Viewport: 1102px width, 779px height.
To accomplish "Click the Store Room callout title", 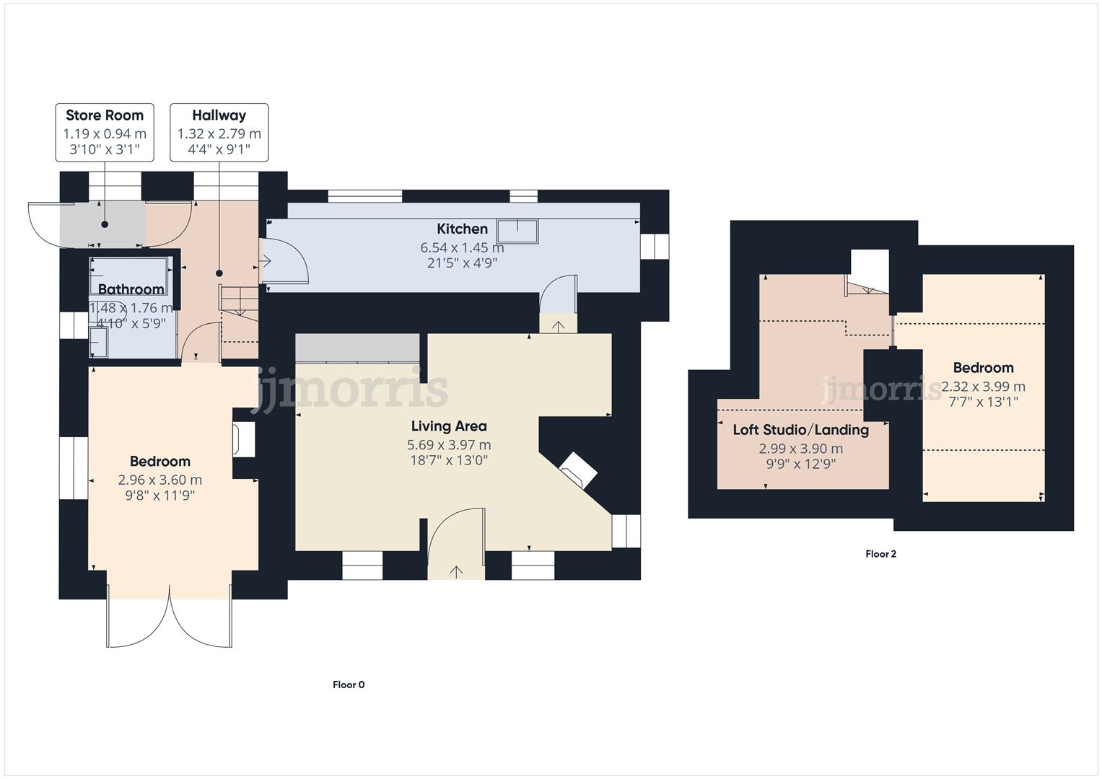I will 105,115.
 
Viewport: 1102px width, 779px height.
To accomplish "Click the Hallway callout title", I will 219,115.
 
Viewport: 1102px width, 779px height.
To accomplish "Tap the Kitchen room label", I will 462,229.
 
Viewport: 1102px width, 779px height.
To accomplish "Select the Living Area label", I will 449,426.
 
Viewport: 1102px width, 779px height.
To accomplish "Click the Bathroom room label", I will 131,289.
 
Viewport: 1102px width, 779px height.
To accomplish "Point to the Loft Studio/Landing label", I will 800,430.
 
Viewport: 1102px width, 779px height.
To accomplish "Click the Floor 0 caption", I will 349,685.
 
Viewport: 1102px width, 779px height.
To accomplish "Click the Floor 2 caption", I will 880,554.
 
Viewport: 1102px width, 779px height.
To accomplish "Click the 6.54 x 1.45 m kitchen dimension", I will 462,247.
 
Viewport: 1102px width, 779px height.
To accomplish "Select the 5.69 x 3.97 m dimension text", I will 449,445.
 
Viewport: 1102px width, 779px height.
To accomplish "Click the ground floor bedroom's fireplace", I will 242,439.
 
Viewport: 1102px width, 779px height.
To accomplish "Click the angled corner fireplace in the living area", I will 579,470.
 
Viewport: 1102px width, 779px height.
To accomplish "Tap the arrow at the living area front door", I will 456,571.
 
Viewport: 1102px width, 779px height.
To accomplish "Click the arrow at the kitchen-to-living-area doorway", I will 559,326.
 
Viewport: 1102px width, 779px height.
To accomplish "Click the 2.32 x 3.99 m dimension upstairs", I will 983,387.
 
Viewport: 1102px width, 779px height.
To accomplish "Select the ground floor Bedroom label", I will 160,462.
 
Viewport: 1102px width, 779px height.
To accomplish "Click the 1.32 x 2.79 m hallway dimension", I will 219,134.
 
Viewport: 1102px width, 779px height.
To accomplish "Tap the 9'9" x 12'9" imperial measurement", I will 800,464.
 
